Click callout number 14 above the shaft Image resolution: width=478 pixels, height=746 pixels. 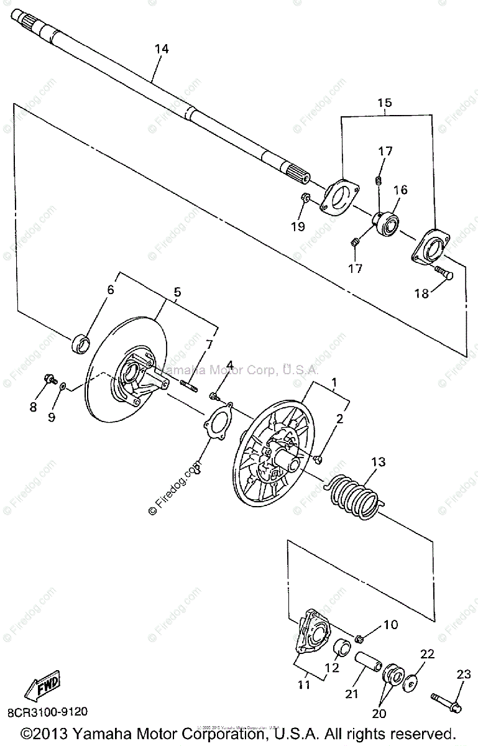161,49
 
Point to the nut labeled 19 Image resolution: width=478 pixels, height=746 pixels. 306,198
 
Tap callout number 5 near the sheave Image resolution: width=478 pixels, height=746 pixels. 177,292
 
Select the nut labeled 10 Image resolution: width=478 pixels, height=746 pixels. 360,638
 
